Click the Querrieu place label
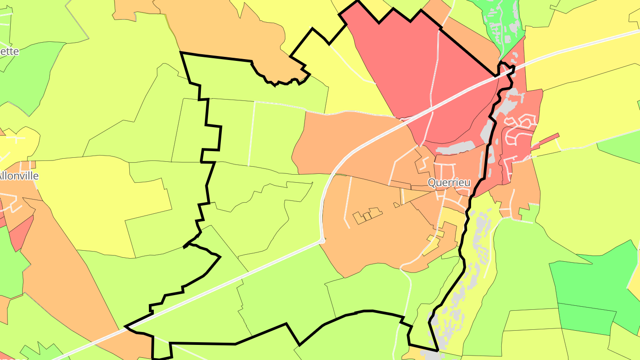pos(449,182)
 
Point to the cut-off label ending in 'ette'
pos(9,51)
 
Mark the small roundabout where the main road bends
pos(323,240)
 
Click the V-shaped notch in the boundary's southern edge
pos(300,344)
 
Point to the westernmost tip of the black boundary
pos(126,327)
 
